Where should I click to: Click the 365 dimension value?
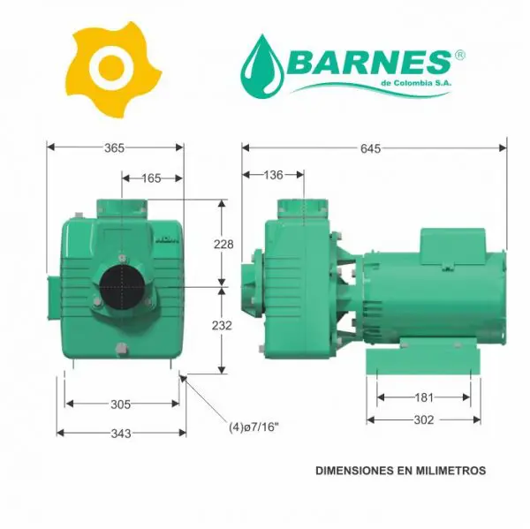tap(114, 148)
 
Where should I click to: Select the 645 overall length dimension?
tap(370, 148)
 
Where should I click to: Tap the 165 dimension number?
tap(151, 178)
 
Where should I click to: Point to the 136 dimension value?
tap(273, 175)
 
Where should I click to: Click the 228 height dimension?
tap(223, 244)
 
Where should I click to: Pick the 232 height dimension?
tap(222, 326)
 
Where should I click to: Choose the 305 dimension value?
tap(121, 404)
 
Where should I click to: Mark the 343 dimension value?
tap(121, 434)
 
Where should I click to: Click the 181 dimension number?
tap(424, 397)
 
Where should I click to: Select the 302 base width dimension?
tap(424, 420)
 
